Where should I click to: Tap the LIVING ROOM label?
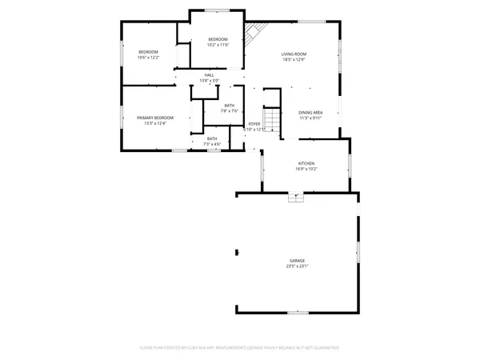(x=294, y=54)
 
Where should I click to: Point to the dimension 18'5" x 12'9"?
(x=294, y=59)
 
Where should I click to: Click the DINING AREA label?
(x=310, y=113)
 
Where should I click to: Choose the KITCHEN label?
(x=306, y=163)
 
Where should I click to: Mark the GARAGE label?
(x=297, y=261)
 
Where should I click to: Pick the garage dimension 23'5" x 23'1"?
(x=297, y=266)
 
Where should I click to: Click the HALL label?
(x=209, y=75)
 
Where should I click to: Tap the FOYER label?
(x=254, y=124)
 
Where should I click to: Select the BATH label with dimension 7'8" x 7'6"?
(x=229, y=106)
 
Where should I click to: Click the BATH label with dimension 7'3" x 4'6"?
(x=212, y=138)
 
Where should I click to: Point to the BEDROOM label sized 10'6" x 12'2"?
(x=148, y=52)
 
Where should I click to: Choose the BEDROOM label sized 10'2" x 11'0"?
(x=218, y=39)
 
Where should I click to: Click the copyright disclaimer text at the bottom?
(x=240, y=348)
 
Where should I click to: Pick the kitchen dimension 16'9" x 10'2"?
(x=306, y=169)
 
